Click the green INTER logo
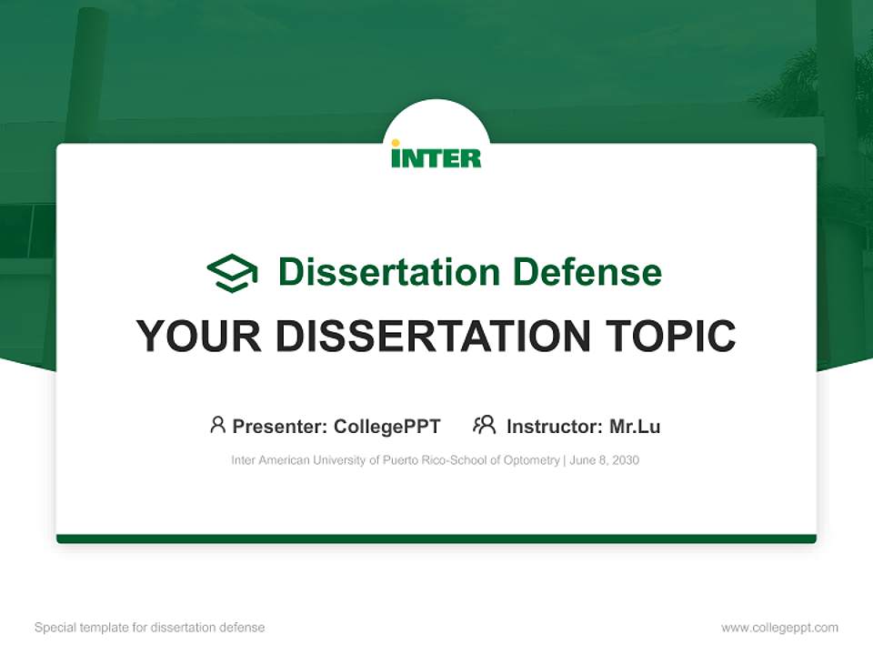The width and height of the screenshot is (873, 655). point(436,156)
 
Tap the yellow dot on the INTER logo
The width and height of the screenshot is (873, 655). point(396,143)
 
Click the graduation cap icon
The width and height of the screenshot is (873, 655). point(232,273)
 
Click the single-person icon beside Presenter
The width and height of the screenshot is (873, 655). point(217,425)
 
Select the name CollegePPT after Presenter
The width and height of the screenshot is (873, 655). point(386,427)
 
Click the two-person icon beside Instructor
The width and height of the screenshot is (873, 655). point(484,425)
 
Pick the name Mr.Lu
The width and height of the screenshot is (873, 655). point(635,427)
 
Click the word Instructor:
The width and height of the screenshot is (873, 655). point(554,427)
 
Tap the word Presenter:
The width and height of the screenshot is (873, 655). point(280,427)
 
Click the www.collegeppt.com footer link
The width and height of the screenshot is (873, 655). point(779,628)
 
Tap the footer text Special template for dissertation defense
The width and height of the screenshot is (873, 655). point(150,628)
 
